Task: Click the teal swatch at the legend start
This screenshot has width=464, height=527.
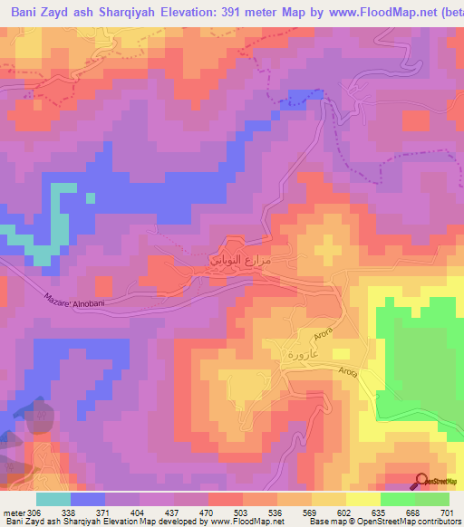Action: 53,499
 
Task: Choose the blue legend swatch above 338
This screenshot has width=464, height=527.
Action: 88,499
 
